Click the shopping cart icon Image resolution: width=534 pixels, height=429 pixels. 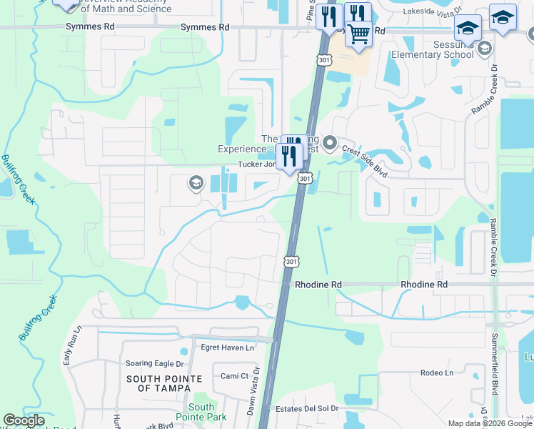coord(358,33)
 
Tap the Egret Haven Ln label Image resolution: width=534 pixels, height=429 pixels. coord(227,348)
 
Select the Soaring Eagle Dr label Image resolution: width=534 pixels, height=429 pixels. coord(153,364)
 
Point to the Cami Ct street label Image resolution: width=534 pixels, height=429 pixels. coord(234,376)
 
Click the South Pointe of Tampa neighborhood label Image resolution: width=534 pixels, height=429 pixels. coord(159,383)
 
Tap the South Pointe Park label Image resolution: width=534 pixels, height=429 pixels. coord(202,412)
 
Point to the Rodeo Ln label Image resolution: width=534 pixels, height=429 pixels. coord(437,373)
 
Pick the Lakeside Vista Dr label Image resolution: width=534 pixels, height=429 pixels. coord(433,12)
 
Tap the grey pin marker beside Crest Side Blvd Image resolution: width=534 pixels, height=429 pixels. coord(330,144)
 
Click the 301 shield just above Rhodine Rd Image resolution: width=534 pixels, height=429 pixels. coord(291,262)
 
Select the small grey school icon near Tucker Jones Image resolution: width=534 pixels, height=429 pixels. coord(196,184)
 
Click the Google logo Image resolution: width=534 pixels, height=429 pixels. coord(24,420)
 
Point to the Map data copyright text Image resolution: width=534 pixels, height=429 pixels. coord(489,423)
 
